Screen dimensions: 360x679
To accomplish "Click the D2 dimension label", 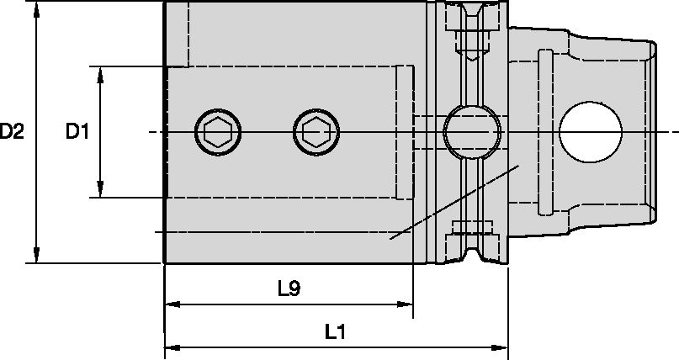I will pyautogui.click(x=13, y=132).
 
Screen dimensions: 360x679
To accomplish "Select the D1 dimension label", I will pyautogui.click(x=78, y=132).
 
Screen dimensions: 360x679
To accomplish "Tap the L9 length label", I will pyautogui.click(x=289, y=288).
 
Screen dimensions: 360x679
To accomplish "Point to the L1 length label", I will pyautogui.click(x=336, y=332).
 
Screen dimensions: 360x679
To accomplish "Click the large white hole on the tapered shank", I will pyautogui.click(x=591, y=131).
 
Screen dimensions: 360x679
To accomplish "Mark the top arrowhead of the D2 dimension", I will pyautogui.click(x=36, y=10).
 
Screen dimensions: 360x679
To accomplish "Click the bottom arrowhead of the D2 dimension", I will pyautogui.click(x=36, y=255).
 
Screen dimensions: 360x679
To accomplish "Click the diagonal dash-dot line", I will pyautogui.click(x=454, y=202).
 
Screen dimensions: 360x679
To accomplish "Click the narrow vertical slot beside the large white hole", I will pyautogui.click(x=544, y=132).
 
